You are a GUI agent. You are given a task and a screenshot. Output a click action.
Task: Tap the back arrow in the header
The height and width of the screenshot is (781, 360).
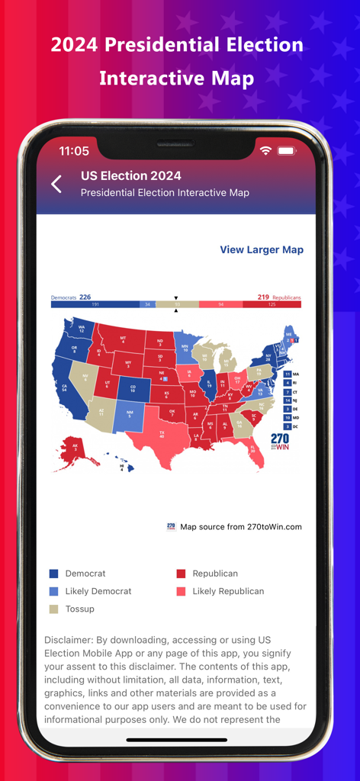(x=56, y=184)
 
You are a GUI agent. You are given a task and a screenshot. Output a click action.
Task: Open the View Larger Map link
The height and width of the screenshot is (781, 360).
(x=262, y=249)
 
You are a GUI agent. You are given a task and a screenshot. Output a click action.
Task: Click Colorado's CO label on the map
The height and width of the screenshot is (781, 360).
(x=133, y=388)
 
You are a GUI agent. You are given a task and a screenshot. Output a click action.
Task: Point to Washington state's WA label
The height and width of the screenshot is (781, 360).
(x=81, y=329)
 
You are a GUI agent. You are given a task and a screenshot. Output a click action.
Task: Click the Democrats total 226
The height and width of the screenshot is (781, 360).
(x=85, y=297)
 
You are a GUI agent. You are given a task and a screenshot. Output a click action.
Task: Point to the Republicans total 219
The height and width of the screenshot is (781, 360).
(x=263, y=297)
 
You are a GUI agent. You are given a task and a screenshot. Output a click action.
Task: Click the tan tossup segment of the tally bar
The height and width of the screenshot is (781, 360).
(x=176, y=304)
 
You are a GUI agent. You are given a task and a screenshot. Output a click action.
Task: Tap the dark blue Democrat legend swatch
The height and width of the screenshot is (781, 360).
(x=53, y=574)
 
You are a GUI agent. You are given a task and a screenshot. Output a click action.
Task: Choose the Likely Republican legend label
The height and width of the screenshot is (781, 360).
(x=228, y=591)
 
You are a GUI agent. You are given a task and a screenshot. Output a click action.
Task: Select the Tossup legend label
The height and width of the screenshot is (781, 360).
(x=80, y=609)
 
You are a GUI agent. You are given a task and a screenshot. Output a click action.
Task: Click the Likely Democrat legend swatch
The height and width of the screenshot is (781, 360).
(x=53, y=591)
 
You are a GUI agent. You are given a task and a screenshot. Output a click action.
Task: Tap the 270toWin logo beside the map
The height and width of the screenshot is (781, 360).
(x=280, y=442)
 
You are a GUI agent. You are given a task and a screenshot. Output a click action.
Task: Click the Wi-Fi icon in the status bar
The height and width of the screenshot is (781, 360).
(x=265, y=151)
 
